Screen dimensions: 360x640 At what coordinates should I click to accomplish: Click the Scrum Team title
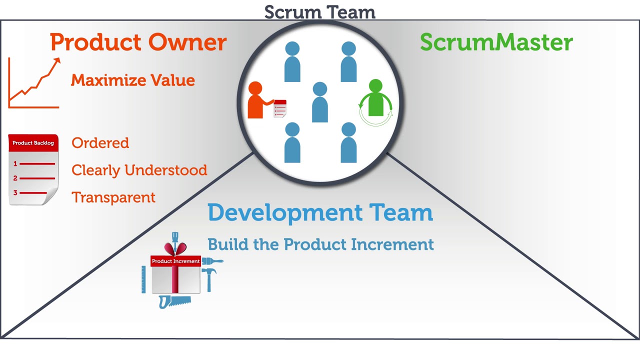319,12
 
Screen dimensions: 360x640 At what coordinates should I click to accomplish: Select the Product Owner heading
138,42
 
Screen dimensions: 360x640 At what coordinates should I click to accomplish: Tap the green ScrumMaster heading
496,42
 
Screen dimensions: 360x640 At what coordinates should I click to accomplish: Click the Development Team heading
320,212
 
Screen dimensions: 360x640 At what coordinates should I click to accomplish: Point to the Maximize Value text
132,80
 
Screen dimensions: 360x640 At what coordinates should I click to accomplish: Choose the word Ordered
100,143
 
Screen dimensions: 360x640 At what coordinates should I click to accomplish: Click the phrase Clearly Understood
139,170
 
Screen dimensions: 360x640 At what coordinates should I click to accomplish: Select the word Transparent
113,197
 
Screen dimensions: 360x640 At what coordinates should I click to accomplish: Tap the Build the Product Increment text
320,244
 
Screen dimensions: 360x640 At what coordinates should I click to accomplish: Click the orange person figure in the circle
255,101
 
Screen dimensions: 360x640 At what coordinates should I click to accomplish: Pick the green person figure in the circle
375,99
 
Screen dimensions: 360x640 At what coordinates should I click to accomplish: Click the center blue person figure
320,102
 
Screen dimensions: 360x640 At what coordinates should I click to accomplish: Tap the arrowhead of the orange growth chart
57,61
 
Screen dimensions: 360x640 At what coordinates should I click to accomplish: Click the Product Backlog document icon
33,170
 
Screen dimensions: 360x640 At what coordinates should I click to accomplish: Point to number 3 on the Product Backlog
15,192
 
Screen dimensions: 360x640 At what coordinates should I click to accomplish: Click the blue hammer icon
208,278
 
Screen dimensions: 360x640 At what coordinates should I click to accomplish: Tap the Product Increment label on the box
175,261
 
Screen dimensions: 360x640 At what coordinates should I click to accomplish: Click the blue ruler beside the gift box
143,279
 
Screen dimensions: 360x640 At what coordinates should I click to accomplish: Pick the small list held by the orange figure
280,108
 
